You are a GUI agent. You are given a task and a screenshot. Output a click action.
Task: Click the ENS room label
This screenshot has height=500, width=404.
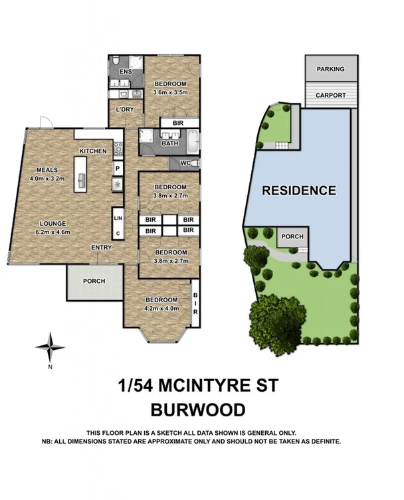coord(125,72)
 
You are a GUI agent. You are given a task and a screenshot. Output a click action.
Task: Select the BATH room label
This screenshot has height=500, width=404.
coord(170,143)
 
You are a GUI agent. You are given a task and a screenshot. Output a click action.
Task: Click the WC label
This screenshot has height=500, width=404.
coord(185,162)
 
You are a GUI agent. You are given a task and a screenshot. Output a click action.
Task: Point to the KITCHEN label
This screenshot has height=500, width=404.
coord(93,151)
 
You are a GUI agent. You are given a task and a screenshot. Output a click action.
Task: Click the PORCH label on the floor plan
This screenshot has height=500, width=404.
coord(94,281)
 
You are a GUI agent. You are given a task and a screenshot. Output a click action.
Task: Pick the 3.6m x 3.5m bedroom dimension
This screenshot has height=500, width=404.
coord(171,92)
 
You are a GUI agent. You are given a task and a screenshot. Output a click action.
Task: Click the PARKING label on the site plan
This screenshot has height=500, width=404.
coord(330,69)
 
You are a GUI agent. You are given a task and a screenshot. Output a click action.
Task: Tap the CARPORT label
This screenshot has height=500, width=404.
coord(330,96)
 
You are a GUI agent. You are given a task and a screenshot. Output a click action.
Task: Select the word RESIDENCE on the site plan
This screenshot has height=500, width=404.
coord(298,191)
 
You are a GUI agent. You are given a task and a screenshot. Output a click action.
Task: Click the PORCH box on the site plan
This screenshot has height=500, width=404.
coord(293,237)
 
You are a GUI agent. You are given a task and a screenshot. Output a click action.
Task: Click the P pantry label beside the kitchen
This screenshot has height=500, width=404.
coord(117,168)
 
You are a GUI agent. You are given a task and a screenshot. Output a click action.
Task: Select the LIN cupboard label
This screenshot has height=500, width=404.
coord(118,218)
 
